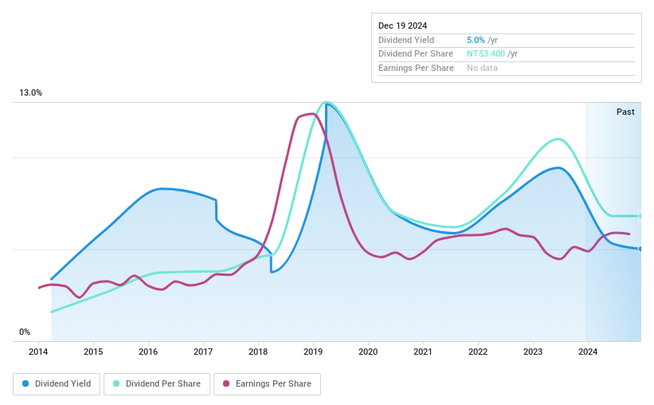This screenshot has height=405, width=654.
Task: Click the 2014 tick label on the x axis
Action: click(38, 352)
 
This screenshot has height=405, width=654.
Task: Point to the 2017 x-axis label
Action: click(203, 352)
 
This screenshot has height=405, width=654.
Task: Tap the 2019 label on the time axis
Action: click(313, 352)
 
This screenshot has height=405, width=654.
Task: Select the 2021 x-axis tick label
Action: click(423, 352)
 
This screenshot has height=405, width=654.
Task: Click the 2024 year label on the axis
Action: click(587, 352)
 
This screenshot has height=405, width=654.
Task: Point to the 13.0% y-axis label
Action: click(31, 93)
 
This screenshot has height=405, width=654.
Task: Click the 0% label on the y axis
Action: click(25, 332)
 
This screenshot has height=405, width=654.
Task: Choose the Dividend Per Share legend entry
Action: click(157, 383)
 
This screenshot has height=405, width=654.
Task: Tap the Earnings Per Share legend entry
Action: click(267, 383)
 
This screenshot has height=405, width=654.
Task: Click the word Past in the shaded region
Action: click(625, 112)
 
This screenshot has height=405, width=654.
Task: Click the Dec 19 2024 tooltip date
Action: click(404, 26)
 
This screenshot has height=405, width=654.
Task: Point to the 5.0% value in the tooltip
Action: click(476, 40)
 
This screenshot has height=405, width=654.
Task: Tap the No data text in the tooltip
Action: click(483, 69)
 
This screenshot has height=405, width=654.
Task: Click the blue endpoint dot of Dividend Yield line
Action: click(640, 249)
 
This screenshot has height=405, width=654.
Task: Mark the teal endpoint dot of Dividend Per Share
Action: click(640, 216)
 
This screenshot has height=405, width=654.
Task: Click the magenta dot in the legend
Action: click(226, 383)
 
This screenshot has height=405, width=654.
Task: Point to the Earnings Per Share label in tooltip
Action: click(416, 69)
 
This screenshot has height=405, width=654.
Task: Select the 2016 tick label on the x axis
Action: click(148, 352)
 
